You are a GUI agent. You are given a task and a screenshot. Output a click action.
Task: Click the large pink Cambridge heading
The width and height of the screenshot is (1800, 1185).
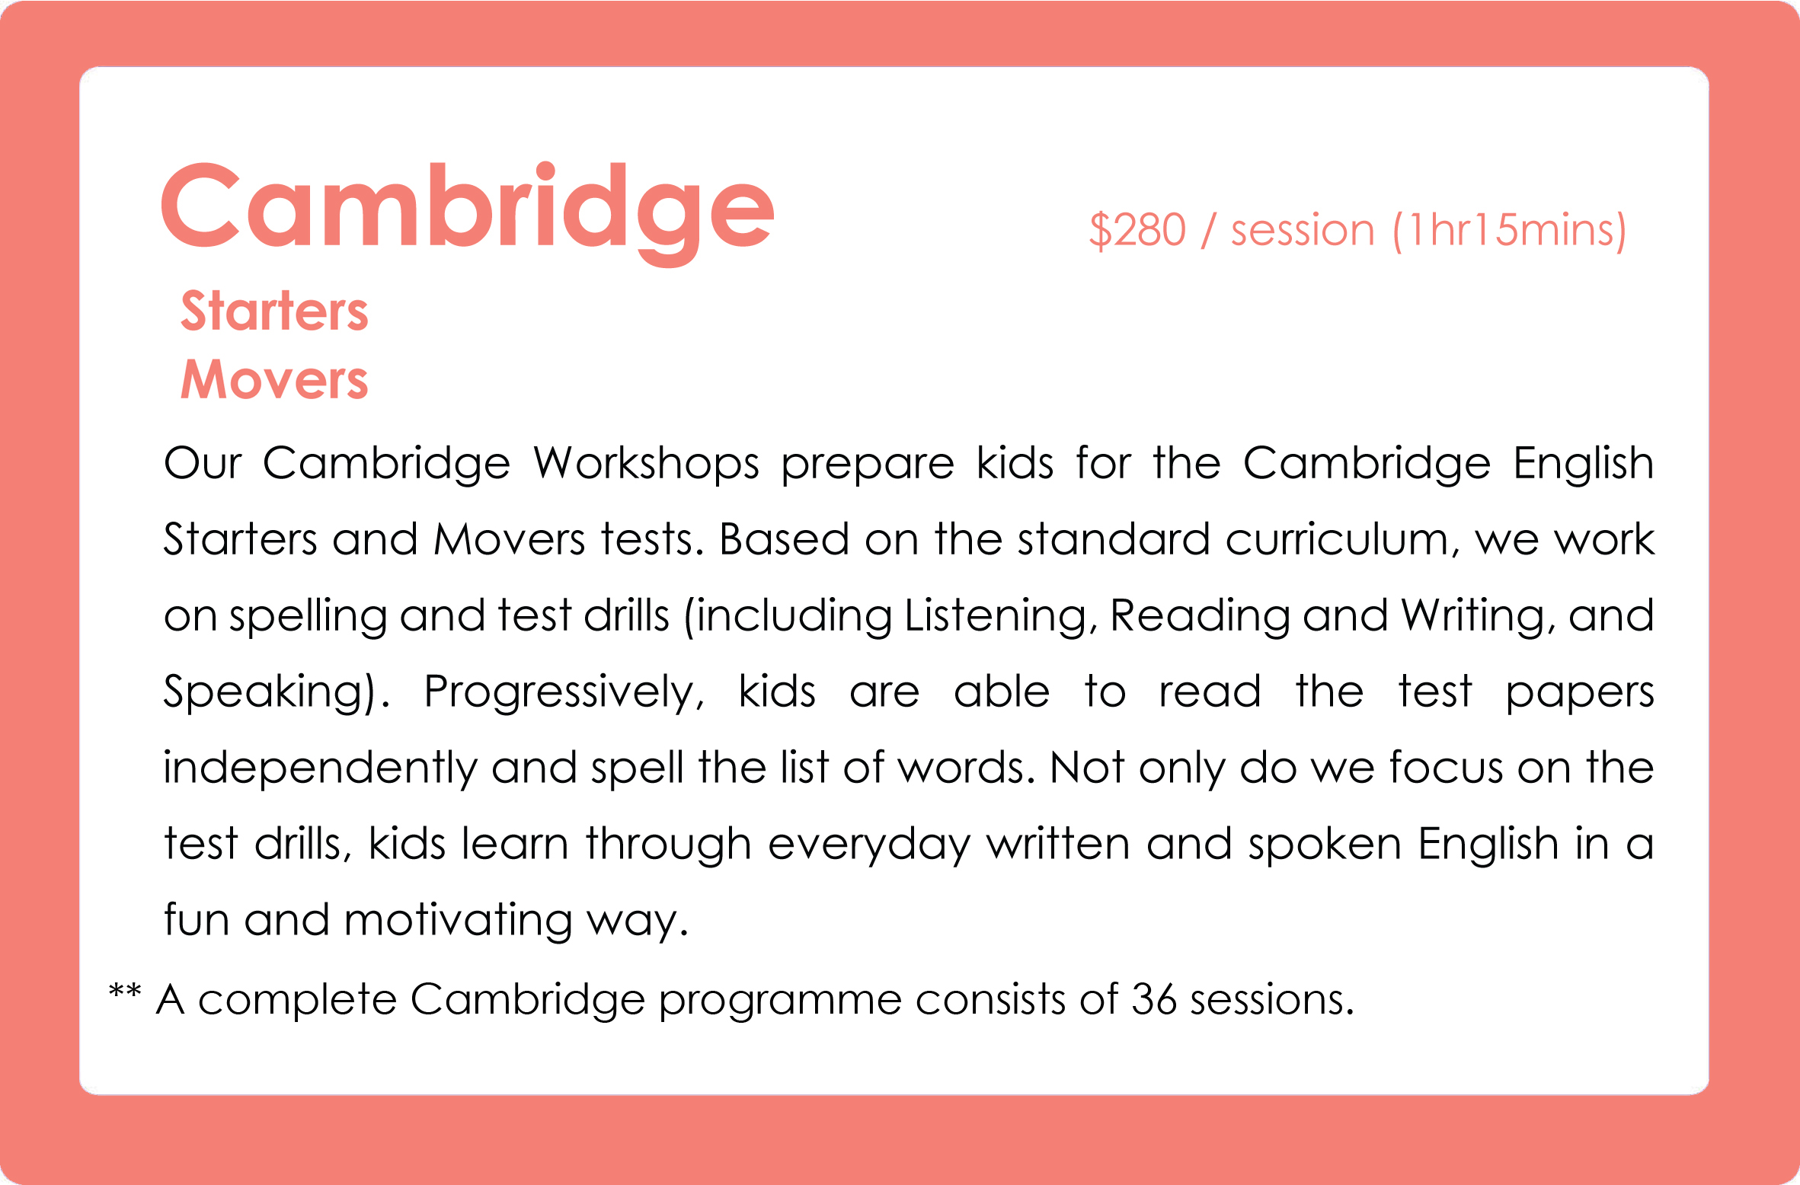pos(468,213)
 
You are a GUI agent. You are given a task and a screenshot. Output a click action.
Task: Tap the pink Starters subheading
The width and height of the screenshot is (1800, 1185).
pos(274,311)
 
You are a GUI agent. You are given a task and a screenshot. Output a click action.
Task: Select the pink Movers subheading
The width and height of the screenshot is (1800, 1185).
pos(274,379)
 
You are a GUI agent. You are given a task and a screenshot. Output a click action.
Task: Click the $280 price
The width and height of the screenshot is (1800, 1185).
pos(1137,229)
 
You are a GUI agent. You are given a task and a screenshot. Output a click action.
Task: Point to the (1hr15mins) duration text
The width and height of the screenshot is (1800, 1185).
pos(1509,230)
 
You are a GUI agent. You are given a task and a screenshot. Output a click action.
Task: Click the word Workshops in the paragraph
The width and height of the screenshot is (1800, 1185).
pos(646,463)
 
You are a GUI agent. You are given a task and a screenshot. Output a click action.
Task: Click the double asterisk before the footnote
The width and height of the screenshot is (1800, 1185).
pos(125,991)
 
